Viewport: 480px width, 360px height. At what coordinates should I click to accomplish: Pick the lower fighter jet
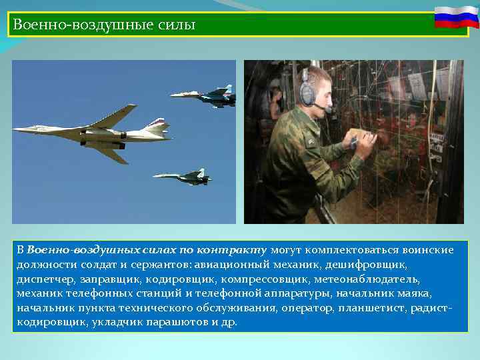[x=183, y=177]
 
